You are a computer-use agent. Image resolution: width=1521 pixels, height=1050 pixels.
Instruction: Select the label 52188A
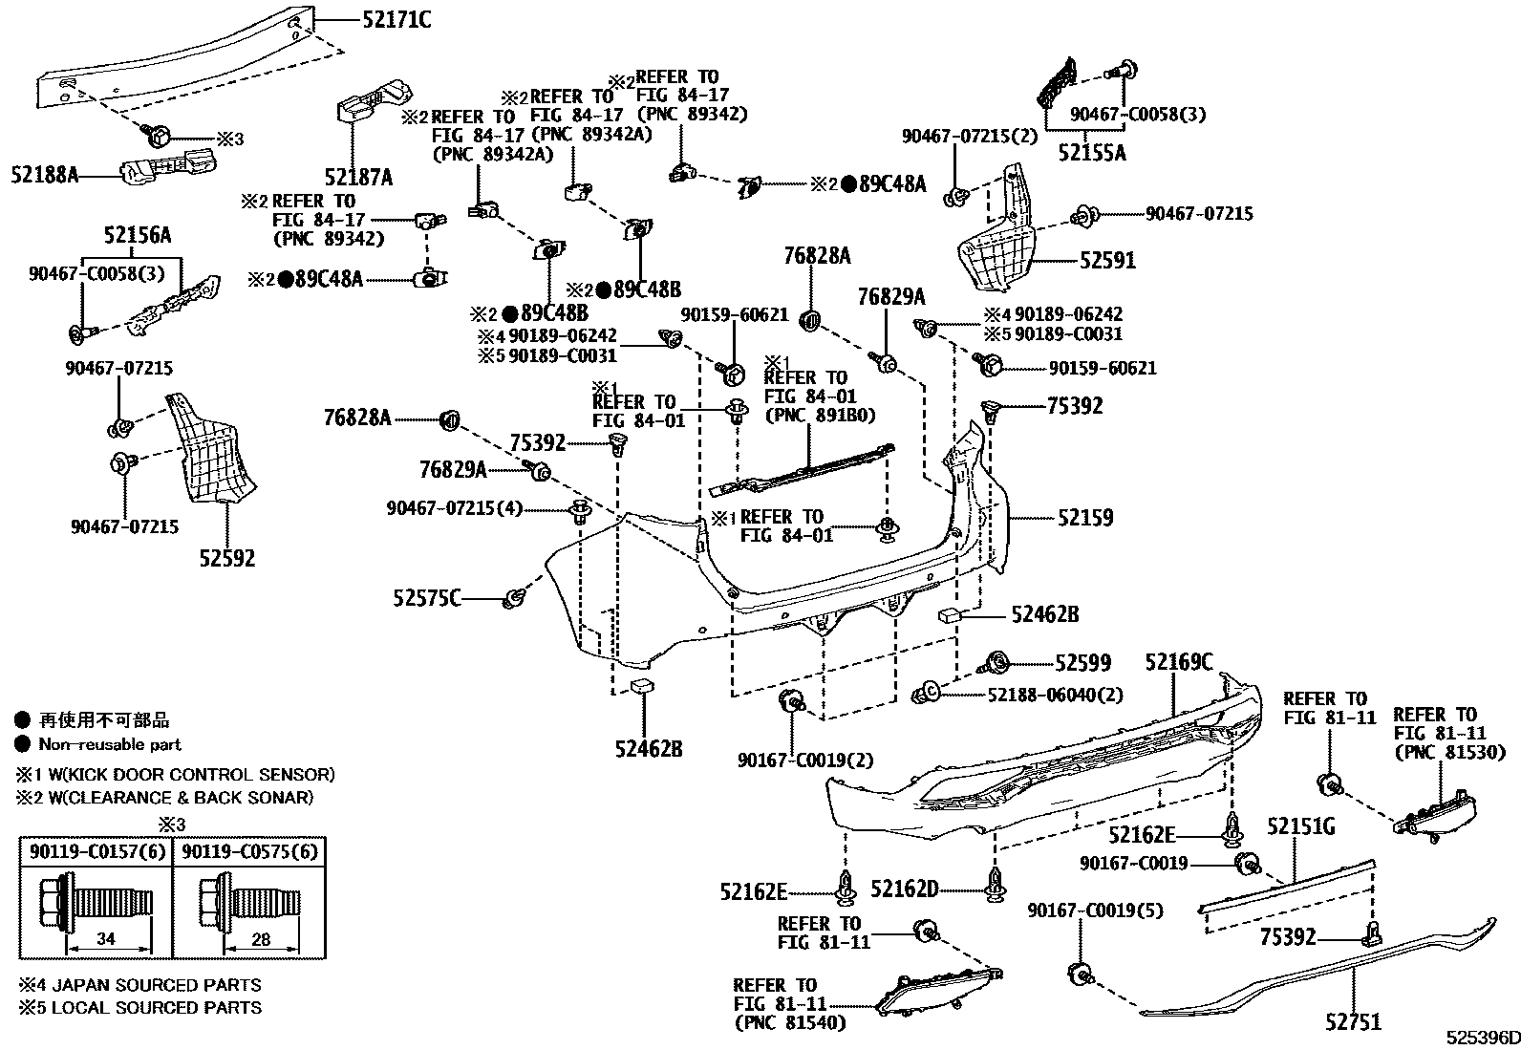tap(44, 174)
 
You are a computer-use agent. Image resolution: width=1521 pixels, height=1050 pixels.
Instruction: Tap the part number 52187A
tap(357, 177)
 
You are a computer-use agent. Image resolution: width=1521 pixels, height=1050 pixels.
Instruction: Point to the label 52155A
tap(1091, 152)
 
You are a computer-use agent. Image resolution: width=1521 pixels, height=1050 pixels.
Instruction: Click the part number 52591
tap(1107, 260)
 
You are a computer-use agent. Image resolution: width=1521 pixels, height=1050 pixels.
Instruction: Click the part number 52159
tap(1085, 517)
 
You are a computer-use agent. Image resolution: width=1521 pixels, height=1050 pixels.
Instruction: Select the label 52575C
tap(427, 598)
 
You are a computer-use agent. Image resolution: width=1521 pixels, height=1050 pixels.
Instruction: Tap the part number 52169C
tap(1178, 662)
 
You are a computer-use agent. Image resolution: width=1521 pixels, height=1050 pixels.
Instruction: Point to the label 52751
tap(1353, 1021)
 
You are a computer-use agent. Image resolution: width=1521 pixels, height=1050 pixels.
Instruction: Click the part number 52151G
tap(1300, 826)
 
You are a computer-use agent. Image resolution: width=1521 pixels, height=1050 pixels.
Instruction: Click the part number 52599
tap(1082, 662)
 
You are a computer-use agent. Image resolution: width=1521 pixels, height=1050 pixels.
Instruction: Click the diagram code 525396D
tap(1481, 1038)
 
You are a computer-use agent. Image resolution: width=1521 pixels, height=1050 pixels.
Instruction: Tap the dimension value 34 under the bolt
tap(106, 939)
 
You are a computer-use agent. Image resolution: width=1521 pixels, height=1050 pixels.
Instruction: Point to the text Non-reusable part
tap(110, 743)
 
